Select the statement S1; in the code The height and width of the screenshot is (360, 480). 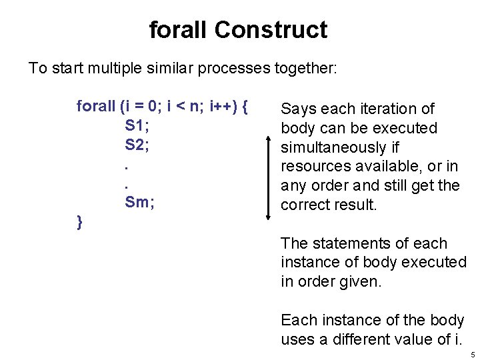coord(137,125)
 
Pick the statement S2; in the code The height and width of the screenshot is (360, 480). coord(137,144)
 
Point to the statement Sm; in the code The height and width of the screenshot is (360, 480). coord(139,202)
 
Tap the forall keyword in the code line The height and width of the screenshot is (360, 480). coord(96,107)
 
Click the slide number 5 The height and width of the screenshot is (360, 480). coord(472,355)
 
